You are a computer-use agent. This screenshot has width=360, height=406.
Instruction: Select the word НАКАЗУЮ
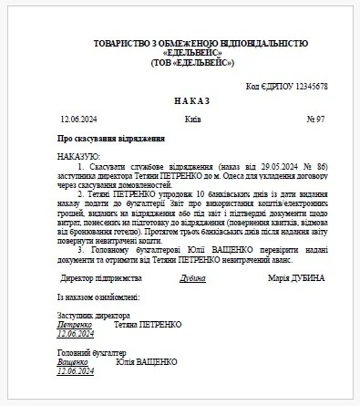[78, 157]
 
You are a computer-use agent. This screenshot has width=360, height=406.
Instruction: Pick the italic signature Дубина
[192, 278]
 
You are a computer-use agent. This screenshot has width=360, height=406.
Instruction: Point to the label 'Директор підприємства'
[101, 278]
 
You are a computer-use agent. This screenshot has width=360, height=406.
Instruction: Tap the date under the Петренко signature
[76, 334]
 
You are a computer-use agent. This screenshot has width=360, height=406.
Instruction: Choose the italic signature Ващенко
[74, 362]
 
